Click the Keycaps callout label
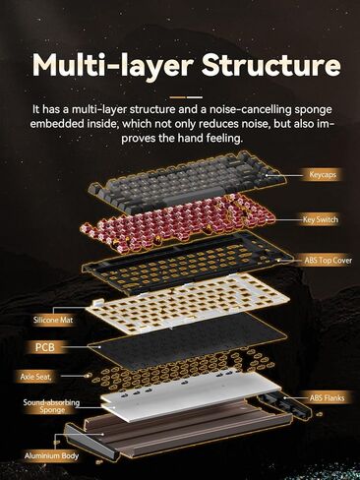323,175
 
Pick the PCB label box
45,347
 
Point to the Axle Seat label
35,376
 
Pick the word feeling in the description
220,139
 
